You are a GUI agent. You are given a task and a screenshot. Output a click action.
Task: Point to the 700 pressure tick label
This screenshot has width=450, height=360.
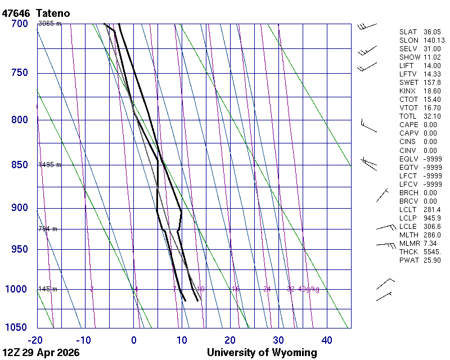(x=20, y=24)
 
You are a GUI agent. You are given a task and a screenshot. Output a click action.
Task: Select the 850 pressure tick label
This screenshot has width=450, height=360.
(x=20, y=165)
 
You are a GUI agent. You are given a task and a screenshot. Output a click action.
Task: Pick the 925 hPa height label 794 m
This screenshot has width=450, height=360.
(x=48, y=229)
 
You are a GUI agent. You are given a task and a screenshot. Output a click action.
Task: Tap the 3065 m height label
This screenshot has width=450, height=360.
(x=49, y=24)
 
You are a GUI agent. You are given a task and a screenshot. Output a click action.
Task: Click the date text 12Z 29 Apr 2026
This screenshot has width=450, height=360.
(x=41, y=353)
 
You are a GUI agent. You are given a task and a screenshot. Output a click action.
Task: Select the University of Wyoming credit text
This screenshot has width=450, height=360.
(x=262, y=353)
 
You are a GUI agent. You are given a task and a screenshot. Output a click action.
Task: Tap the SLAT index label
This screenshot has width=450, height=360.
(x=408, y=32)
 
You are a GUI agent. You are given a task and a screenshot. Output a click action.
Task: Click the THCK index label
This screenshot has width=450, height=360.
(x=409, y=251)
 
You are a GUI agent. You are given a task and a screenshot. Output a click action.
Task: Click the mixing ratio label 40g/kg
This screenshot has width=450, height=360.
(x=309, y=289)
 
